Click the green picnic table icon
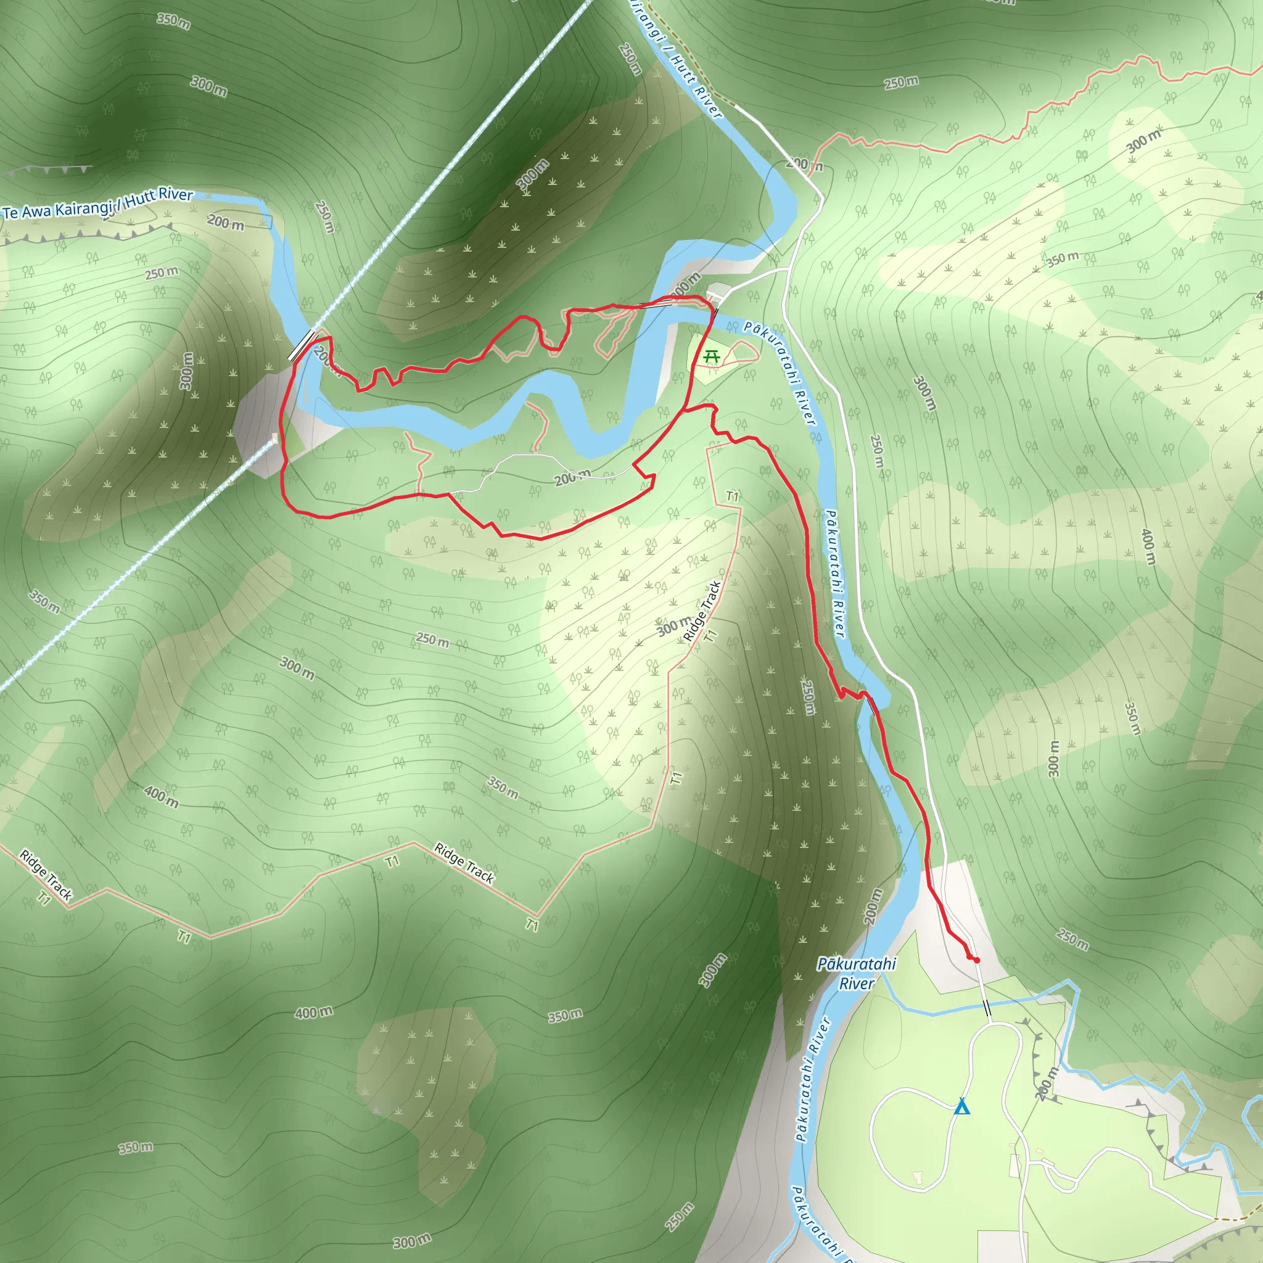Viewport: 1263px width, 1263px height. (711, 357)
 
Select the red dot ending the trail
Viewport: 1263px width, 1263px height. (976, 960)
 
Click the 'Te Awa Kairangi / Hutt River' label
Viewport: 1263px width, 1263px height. (98, 204)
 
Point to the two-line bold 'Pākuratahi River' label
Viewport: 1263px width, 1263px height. (857, 973)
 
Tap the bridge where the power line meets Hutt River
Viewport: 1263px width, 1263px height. (303, 345)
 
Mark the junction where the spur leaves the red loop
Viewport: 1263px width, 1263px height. (685, 410)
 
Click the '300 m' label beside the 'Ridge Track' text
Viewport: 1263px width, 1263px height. (673, 627)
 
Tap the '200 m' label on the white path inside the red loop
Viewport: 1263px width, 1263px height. (572, 477)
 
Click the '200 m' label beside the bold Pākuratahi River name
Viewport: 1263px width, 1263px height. (873, 906)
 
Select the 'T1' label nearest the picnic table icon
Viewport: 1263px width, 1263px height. (732, 497)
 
